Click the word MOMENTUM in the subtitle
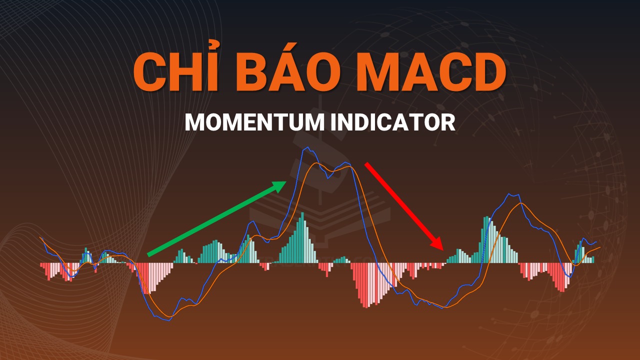point(255,122)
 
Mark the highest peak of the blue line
point(307,147)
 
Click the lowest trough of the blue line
point(169,320)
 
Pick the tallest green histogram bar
point(302,237)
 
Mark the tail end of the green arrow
point(148,255)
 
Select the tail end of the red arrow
point(366,164)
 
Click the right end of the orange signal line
point(600,247)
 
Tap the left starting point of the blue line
point(40,237)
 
